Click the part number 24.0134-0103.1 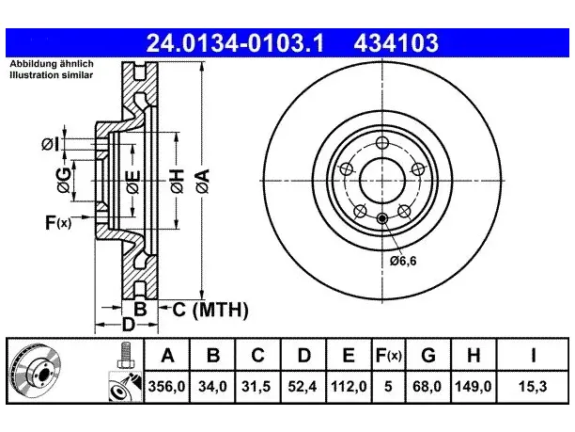235,43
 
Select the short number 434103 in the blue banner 396,43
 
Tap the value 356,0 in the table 167,387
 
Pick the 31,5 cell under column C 256,387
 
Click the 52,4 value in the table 303,387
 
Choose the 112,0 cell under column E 349,387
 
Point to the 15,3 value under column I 533,387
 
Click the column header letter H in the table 474,355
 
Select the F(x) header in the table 389,355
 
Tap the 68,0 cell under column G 427,387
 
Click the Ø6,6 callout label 403,261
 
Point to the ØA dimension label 203,181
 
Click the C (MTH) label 210,310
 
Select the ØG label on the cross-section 64,180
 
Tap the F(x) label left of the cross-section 58,223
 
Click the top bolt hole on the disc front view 382,142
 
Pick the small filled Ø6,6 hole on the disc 382,218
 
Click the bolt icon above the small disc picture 125,355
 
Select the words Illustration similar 52,75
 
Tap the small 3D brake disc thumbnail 35,371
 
